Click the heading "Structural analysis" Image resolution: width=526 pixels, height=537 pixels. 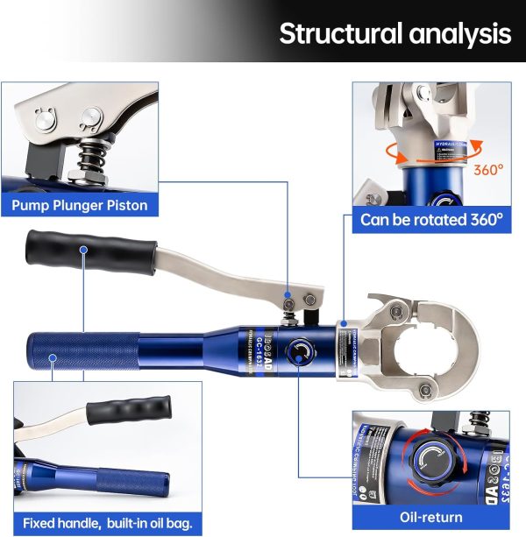click(394, 33)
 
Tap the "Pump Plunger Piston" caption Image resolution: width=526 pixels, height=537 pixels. click(80, 206)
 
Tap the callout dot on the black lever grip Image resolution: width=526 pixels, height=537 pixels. click(82, 251)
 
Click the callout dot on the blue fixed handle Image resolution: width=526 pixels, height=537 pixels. click(52, 357)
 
